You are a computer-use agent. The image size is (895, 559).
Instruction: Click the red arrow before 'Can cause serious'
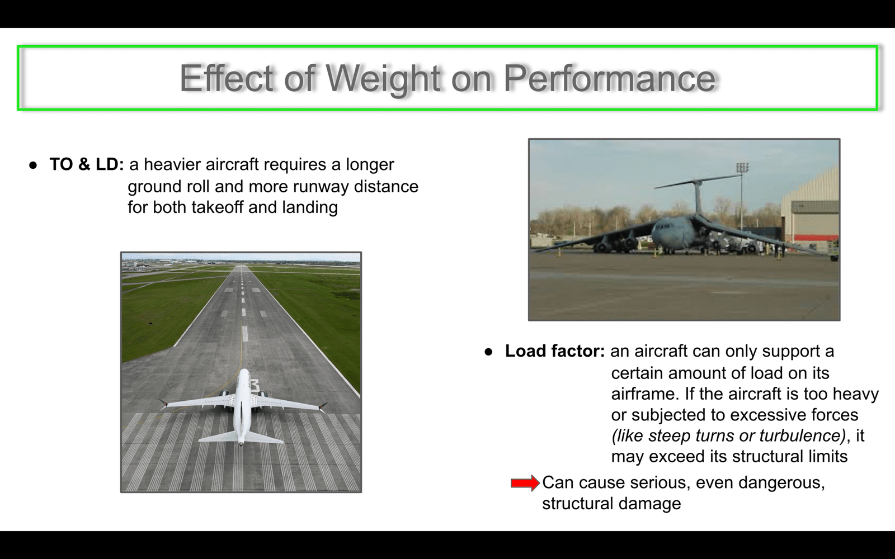tap(525, 483)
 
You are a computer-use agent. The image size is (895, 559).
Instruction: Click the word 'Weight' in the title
tap(383, 79)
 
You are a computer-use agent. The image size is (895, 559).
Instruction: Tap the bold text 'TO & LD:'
tap(87, 164)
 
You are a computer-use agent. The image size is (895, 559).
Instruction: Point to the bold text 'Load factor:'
tap(555, 351)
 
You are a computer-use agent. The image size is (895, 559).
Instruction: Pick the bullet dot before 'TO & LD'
tap(33, 165)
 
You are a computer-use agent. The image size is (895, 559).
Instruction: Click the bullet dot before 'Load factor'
tap(488, 352)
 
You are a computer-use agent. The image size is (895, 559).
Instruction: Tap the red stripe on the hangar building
tap(815, 238)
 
